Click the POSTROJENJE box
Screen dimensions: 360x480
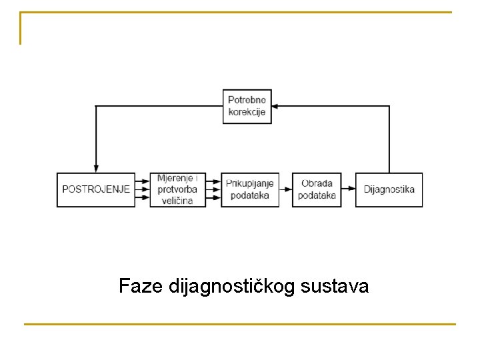[x=96, y=189]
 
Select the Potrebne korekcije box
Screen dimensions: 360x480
[x=247, y=106]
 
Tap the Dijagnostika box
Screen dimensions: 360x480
[x=389, y=189]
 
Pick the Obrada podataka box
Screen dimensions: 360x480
[x=317, y=189]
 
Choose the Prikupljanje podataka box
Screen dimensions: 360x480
[x=250, y=189]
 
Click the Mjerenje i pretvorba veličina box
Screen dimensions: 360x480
[x=177, y=189]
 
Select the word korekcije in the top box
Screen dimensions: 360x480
[x=247, y=112]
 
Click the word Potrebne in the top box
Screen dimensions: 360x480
[x=247, y=100]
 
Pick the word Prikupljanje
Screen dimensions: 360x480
[x=250, y=183]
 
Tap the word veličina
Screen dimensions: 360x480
[x=176, y=200]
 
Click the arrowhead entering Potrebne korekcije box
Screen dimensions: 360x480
[x=277, y=106]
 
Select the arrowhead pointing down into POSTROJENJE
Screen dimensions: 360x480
[x=96, y=167]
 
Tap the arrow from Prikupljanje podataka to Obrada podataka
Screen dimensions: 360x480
[x=285, y=189]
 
